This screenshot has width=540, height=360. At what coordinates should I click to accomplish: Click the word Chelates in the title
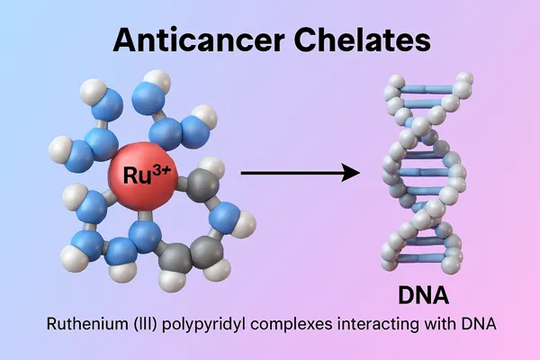(x=363, y=40)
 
